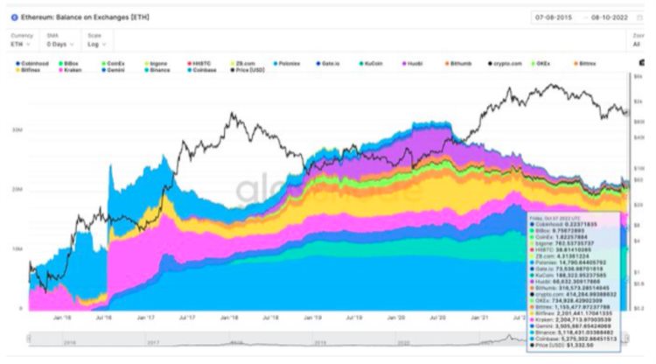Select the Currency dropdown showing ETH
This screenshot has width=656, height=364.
pyautogui.click(x=21, y=43)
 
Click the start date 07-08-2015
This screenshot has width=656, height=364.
pyautogui.click(x=556, y=17)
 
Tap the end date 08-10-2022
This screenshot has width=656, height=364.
pyautogui.click(x=608, y=17)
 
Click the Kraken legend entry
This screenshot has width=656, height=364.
pyautogui.click(x=69, y=71)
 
